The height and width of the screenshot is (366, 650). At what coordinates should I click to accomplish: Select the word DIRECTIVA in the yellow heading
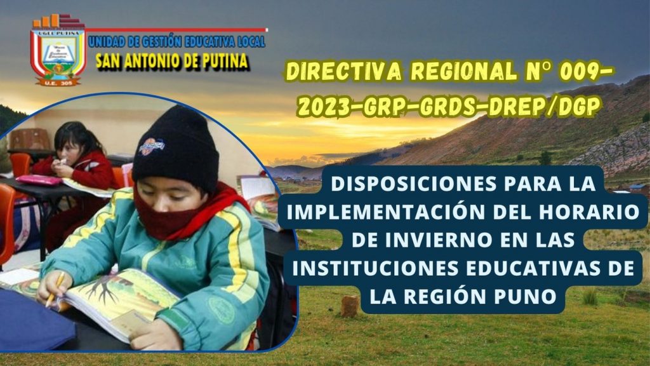pyautogui.click(x=343, y=72)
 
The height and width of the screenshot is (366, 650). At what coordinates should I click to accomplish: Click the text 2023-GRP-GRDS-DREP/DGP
pyautogui.click(x=449, y=107)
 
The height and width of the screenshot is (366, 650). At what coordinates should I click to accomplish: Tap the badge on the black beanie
pyautogui.click(x=152, y=147)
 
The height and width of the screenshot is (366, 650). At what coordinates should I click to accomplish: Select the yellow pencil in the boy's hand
pyautogui.click(x=55, y=289)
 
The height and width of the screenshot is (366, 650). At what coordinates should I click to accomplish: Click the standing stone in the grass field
pyautogui.click(x=350, y=307)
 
